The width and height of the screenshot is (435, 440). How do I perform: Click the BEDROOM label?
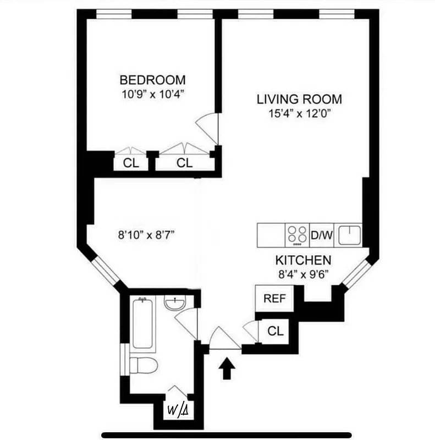pyautogui.click(x=153, y=80)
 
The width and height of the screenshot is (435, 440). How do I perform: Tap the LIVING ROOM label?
pyautogui.click(x=299, y=100)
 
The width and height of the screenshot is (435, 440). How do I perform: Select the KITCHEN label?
pyautogui.click(x=303, y=260)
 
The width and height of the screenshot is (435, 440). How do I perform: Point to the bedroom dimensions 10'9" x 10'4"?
pyautogui.click(x=153, y=94)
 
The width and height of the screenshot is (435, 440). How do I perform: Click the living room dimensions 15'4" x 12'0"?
pyautogui.click(x=299, y=114)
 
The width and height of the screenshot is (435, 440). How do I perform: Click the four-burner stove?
pyautogui.click(x=297, y=235)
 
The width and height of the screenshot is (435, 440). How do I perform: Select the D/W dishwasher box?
pyautogui.click(x=322, y=235)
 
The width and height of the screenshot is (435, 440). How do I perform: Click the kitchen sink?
pyautogui.click(x=349, y=235)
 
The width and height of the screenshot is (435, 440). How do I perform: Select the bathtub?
pyautogui.click(x=142, y=323)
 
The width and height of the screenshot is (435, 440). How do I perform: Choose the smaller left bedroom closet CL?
pyautogui.click(x=130, y=163)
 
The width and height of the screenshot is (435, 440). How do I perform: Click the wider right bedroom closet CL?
pyautogui.click(x=184, y=163)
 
